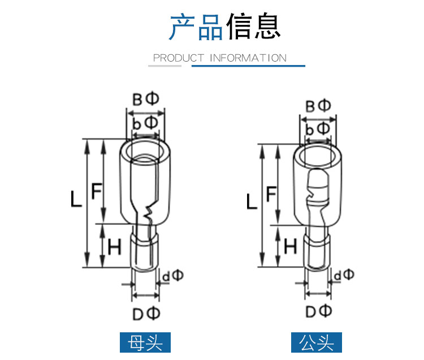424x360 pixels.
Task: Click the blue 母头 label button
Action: [145, 342]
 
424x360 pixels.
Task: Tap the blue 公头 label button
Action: [317, 342]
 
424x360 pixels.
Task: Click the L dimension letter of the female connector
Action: [76, 199]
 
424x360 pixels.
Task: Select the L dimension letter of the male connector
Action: [252, 201]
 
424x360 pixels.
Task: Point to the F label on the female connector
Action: [97, 191]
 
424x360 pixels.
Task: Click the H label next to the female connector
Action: [114, 246]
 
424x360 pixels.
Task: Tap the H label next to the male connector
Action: [291, 246]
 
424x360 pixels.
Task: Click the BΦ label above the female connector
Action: [145, 99]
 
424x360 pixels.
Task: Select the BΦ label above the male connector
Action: [318, 106]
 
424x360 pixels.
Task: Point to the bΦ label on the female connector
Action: [145, 123]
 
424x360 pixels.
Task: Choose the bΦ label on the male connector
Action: [318, 129]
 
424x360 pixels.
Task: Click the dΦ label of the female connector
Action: [173, 275]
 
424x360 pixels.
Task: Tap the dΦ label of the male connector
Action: [344, 275]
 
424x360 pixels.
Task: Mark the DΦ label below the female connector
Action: [146, 314]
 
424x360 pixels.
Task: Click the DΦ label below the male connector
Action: [318, 311]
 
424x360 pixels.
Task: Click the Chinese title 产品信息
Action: [225, 26]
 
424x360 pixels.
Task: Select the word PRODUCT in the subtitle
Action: [179, 58]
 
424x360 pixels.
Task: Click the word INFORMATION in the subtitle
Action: [248, 58]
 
